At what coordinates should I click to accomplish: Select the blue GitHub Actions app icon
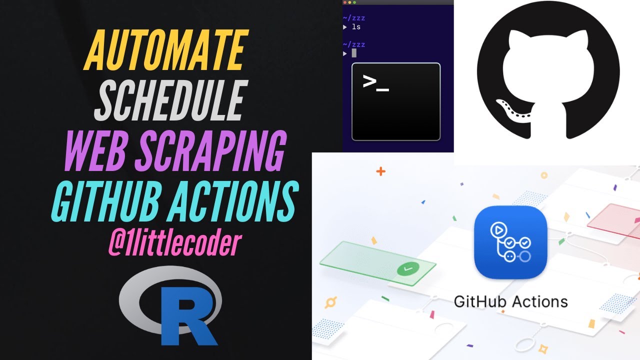click(510, 242)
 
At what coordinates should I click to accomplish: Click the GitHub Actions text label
click(510, 302)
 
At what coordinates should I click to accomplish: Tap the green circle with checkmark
click(409, 269)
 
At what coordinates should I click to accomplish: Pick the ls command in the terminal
click(356, 27)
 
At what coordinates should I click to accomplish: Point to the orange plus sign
click(381, 171)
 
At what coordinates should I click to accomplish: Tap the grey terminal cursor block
click(354, 53)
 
